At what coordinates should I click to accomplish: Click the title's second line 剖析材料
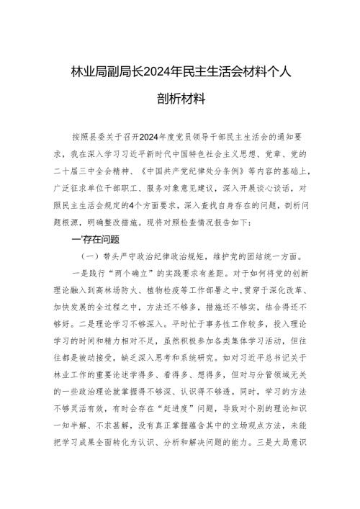180,97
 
